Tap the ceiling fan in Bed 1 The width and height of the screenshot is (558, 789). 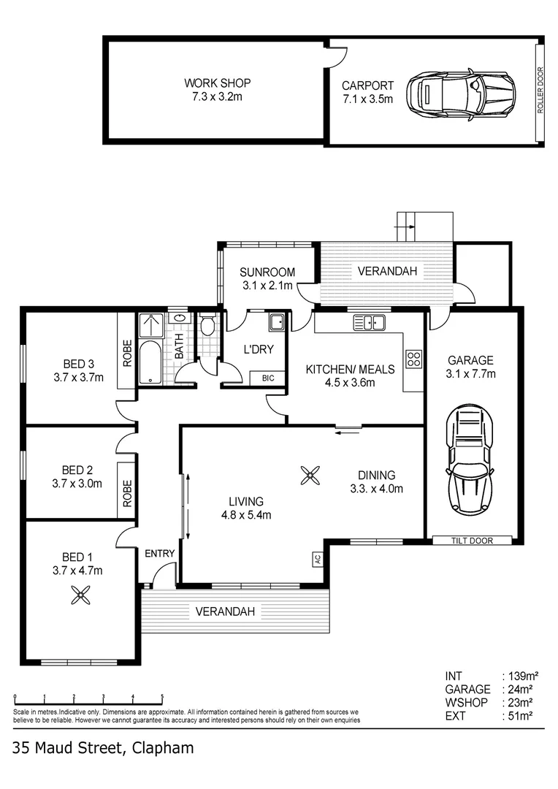click(x=80, y=597)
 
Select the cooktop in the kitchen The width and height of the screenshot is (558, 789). click(x=413, y=359)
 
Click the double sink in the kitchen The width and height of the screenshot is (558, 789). click(x=369, y=322)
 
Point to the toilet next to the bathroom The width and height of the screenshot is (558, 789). click(x=207, y=325)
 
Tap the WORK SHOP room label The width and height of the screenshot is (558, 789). click(x=212, y=83)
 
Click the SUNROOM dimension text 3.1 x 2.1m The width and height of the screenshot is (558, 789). click(x=267, y=286)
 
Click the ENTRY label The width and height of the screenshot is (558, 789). click(x=159, y=553)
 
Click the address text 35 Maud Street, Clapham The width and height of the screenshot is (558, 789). click(x=103, y=747)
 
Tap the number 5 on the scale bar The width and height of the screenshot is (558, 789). click(x=162, y=697)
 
